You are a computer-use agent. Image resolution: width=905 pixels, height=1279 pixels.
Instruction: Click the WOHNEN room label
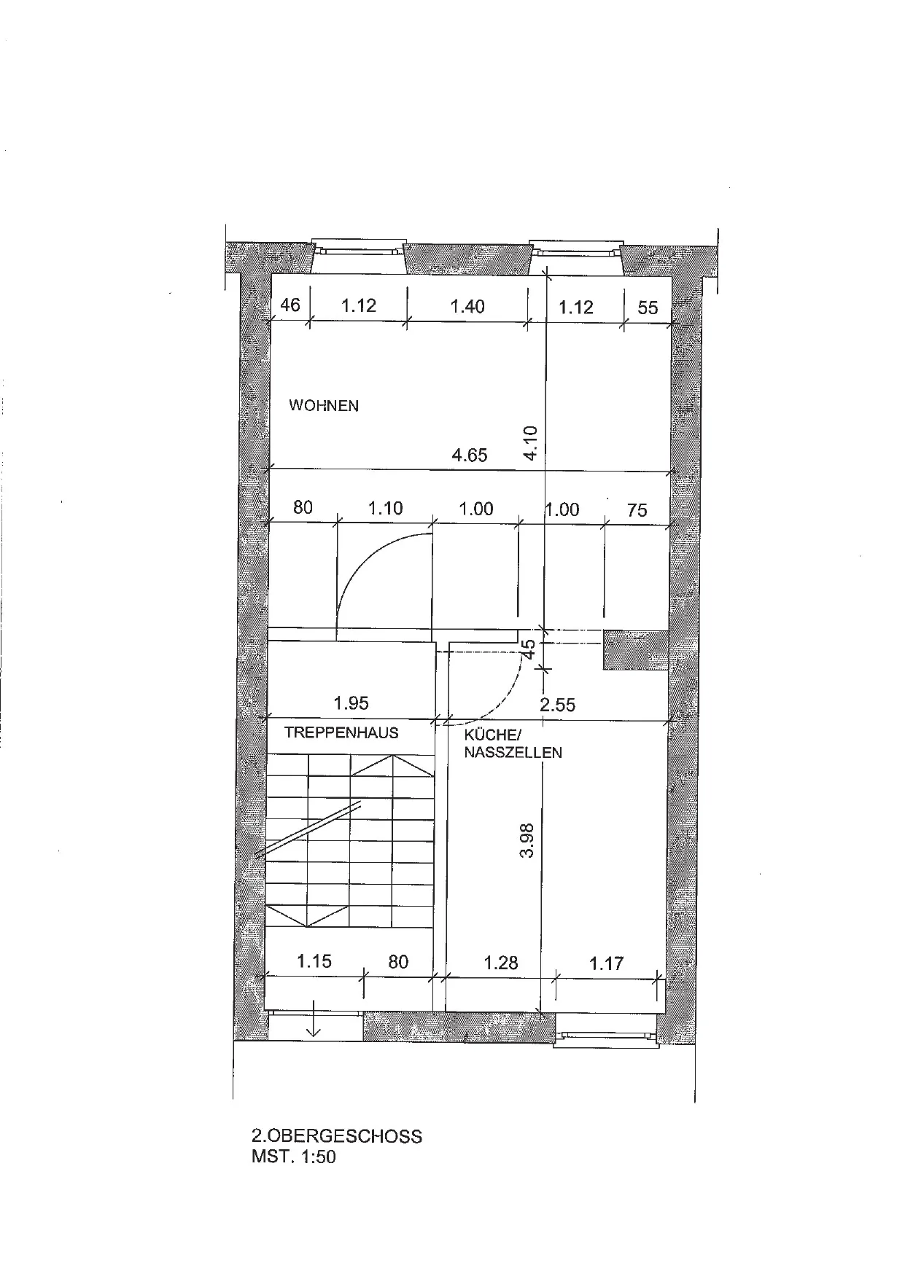(324, 405)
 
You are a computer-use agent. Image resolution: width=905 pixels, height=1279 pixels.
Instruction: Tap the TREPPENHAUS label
(341, 732)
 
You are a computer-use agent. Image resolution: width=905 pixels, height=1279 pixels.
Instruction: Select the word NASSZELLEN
(513, 753)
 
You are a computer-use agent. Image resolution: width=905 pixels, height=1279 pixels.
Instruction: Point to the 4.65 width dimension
(470, 455)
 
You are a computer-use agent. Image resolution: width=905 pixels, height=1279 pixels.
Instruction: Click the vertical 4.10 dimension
(531, 442)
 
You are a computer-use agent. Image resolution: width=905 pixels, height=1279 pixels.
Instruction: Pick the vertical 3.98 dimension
(528, 840)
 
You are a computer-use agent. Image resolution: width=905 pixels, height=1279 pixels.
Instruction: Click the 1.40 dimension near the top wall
(467, 306)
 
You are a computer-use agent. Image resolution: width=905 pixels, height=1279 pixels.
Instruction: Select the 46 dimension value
(290, 305)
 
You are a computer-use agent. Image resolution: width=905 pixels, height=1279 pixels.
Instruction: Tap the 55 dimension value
(648, 308)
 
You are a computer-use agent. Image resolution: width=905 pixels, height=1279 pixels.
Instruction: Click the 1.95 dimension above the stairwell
(351, 703)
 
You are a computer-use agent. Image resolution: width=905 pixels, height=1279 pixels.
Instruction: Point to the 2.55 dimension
(557, 705)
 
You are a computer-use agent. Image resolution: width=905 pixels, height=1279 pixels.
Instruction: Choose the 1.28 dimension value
(501, 963)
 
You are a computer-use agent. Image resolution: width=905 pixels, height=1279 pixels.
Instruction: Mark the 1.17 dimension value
(606, 963)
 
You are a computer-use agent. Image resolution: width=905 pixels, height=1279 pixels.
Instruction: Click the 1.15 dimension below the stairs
(314, 961)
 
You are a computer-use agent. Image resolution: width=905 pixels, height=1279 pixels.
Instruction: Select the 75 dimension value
(637, 510)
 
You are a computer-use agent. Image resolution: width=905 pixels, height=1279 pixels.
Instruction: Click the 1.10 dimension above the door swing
(386, 508)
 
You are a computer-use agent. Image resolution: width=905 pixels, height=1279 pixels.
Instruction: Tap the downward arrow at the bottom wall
(314, 1020)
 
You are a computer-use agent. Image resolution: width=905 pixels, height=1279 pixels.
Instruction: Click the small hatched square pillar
(635, 650)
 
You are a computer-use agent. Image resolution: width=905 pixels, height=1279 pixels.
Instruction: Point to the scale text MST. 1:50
(294, 1157)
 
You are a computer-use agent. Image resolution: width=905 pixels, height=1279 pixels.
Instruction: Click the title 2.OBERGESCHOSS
(337, 1136)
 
